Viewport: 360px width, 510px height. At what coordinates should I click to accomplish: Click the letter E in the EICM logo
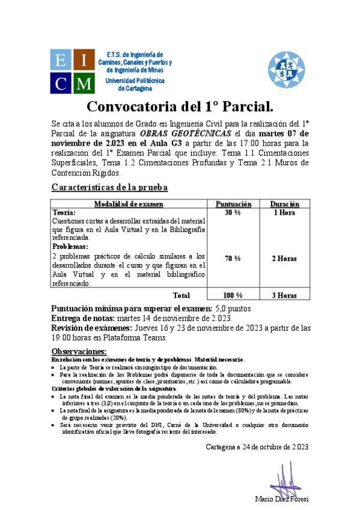tap(61, 60)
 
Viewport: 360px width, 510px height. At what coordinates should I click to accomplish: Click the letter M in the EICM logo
tap(84, 82)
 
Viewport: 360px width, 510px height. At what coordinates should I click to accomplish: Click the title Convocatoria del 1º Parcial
tap(180, 107)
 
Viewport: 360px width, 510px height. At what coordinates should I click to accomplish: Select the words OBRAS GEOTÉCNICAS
tap(185, 134)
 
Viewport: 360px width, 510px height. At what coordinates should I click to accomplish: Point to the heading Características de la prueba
tap(109, 187)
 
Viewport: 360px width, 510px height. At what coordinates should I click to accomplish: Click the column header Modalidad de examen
tap(129, 204)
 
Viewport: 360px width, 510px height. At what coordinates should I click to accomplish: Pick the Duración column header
tap(284, 204)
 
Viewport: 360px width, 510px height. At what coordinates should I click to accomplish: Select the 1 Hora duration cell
tap(284, 213)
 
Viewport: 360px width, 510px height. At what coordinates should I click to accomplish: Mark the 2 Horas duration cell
tap(284, 259)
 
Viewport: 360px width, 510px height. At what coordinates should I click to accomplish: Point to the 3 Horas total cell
tap(284, 295)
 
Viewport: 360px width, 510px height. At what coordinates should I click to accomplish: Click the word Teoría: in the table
tap(64, 213)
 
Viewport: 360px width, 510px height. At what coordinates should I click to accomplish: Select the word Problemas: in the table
tap(70, 247)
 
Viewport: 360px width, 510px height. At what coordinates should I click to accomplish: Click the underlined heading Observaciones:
tap(79, 351)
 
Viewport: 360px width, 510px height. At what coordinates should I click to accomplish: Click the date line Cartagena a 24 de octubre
tap(257, 446)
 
